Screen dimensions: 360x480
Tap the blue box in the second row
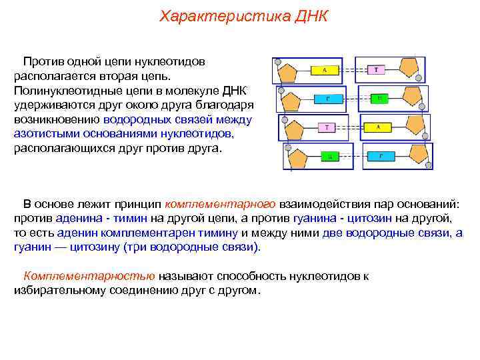(327, 98)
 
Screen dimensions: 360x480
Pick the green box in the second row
(379, 98)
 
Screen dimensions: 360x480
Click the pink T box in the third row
(327, 127)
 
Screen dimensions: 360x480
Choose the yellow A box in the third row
(378, 126)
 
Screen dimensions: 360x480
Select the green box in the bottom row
(329, 157)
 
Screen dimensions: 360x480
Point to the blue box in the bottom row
(381, 156)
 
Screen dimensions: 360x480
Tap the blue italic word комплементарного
(220, 203)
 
